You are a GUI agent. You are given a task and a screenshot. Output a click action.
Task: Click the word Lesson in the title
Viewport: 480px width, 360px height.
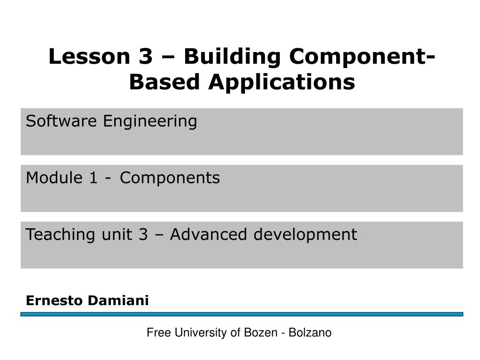[90, 56]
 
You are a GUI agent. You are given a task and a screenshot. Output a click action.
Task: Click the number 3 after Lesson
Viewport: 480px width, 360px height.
[146, 57]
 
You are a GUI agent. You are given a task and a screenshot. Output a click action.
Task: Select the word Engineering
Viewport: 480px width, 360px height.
[150, 122]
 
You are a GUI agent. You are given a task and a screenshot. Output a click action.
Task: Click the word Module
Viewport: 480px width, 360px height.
[54, 178]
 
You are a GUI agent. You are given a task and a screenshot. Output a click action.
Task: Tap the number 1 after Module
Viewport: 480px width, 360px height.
[93, 178]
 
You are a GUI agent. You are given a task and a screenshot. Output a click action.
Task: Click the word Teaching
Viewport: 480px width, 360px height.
[60, 235]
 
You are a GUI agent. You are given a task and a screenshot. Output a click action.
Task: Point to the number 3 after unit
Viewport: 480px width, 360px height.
[143, 234]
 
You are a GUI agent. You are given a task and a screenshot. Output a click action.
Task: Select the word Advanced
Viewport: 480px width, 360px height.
[209, 234]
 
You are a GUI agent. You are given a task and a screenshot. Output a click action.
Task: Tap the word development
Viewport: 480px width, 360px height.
[305, 235]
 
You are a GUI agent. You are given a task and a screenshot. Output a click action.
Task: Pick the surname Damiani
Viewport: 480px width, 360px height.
[118, 300]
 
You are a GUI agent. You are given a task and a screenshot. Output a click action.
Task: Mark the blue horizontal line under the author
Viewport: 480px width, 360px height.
[242, 314]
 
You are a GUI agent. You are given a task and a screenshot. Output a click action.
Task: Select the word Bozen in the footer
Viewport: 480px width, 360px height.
[261, 332]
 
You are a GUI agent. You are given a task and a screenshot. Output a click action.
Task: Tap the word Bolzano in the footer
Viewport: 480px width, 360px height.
[310, 332]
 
